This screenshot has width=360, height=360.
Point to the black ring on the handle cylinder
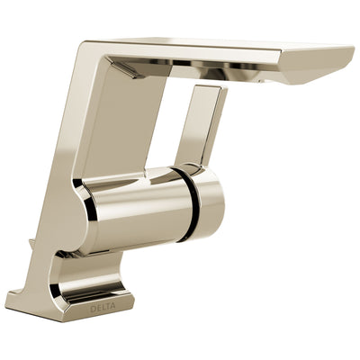pos(191,202)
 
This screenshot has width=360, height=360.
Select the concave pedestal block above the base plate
pos(85,270)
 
